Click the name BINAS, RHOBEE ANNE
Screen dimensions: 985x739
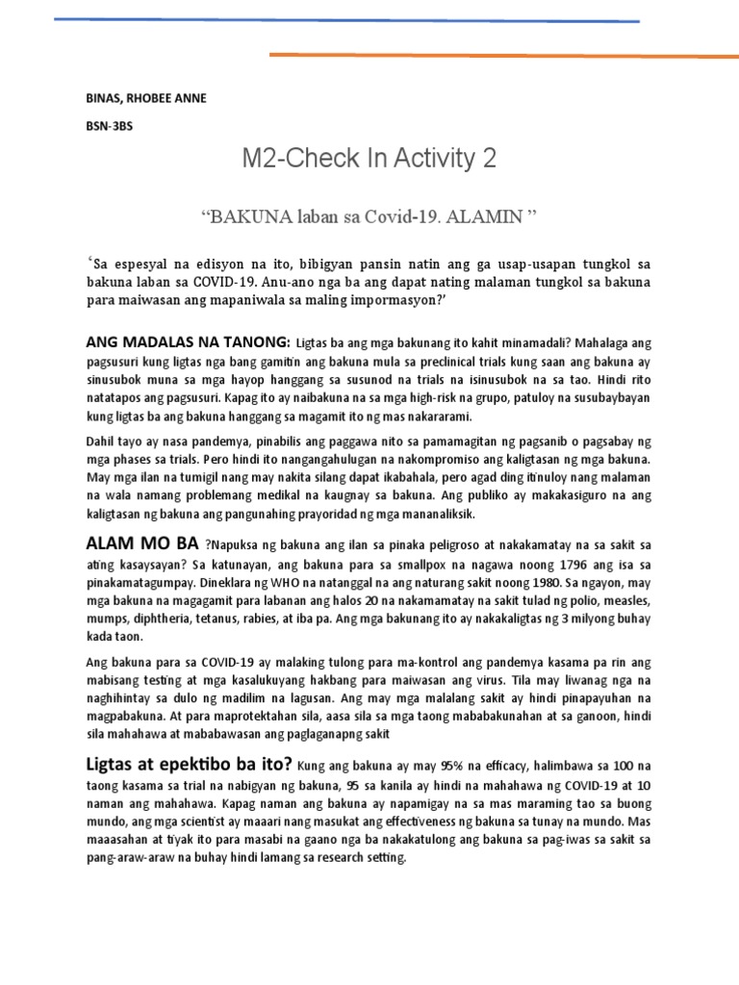[145, 99]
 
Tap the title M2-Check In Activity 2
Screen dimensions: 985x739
[369, 159]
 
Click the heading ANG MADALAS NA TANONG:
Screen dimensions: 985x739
[188, 341]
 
